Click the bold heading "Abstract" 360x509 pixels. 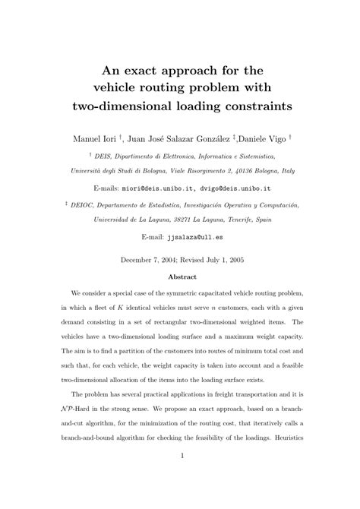(179, 277)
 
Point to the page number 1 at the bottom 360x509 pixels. (180, 476)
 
